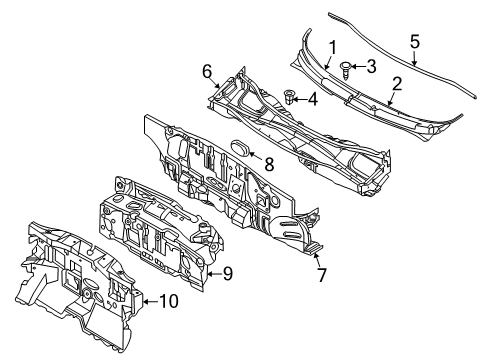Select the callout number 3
[x=370, y=67]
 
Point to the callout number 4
[x=312, y=99]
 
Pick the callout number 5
[x=415, y=41]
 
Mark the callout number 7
[x=320, y=273]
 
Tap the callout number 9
[x=228, y=271]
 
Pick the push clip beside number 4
[x=290, y=98]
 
